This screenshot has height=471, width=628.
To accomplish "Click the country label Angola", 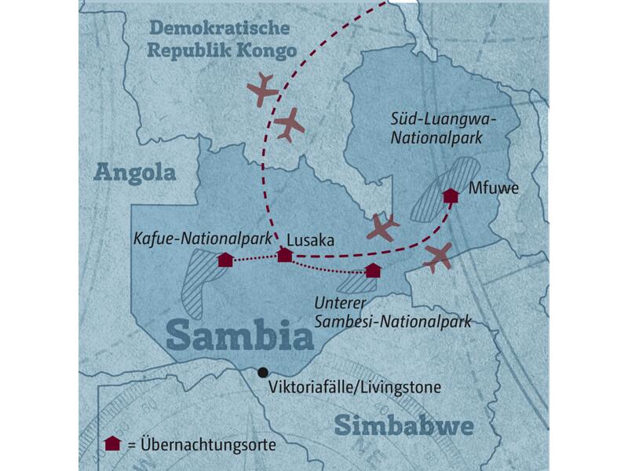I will point(134,172).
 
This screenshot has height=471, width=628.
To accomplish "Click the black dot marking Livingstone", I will point(262,372).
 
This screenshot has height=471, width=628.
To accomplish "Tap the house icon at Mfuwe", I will point(451,195).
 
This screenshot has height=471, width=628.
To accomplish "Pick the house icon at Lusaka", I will point(285,255).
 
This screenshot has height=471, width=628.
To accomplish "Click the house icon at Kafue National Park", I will point(225,260).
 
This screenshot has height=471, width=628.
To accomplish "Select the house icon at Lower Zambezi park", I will point(373,271).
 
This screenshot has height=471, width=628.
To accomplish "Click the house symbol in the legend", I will point(112,444).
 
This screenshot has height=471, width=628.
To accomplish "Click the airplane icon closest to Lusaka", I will point(383,227).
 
